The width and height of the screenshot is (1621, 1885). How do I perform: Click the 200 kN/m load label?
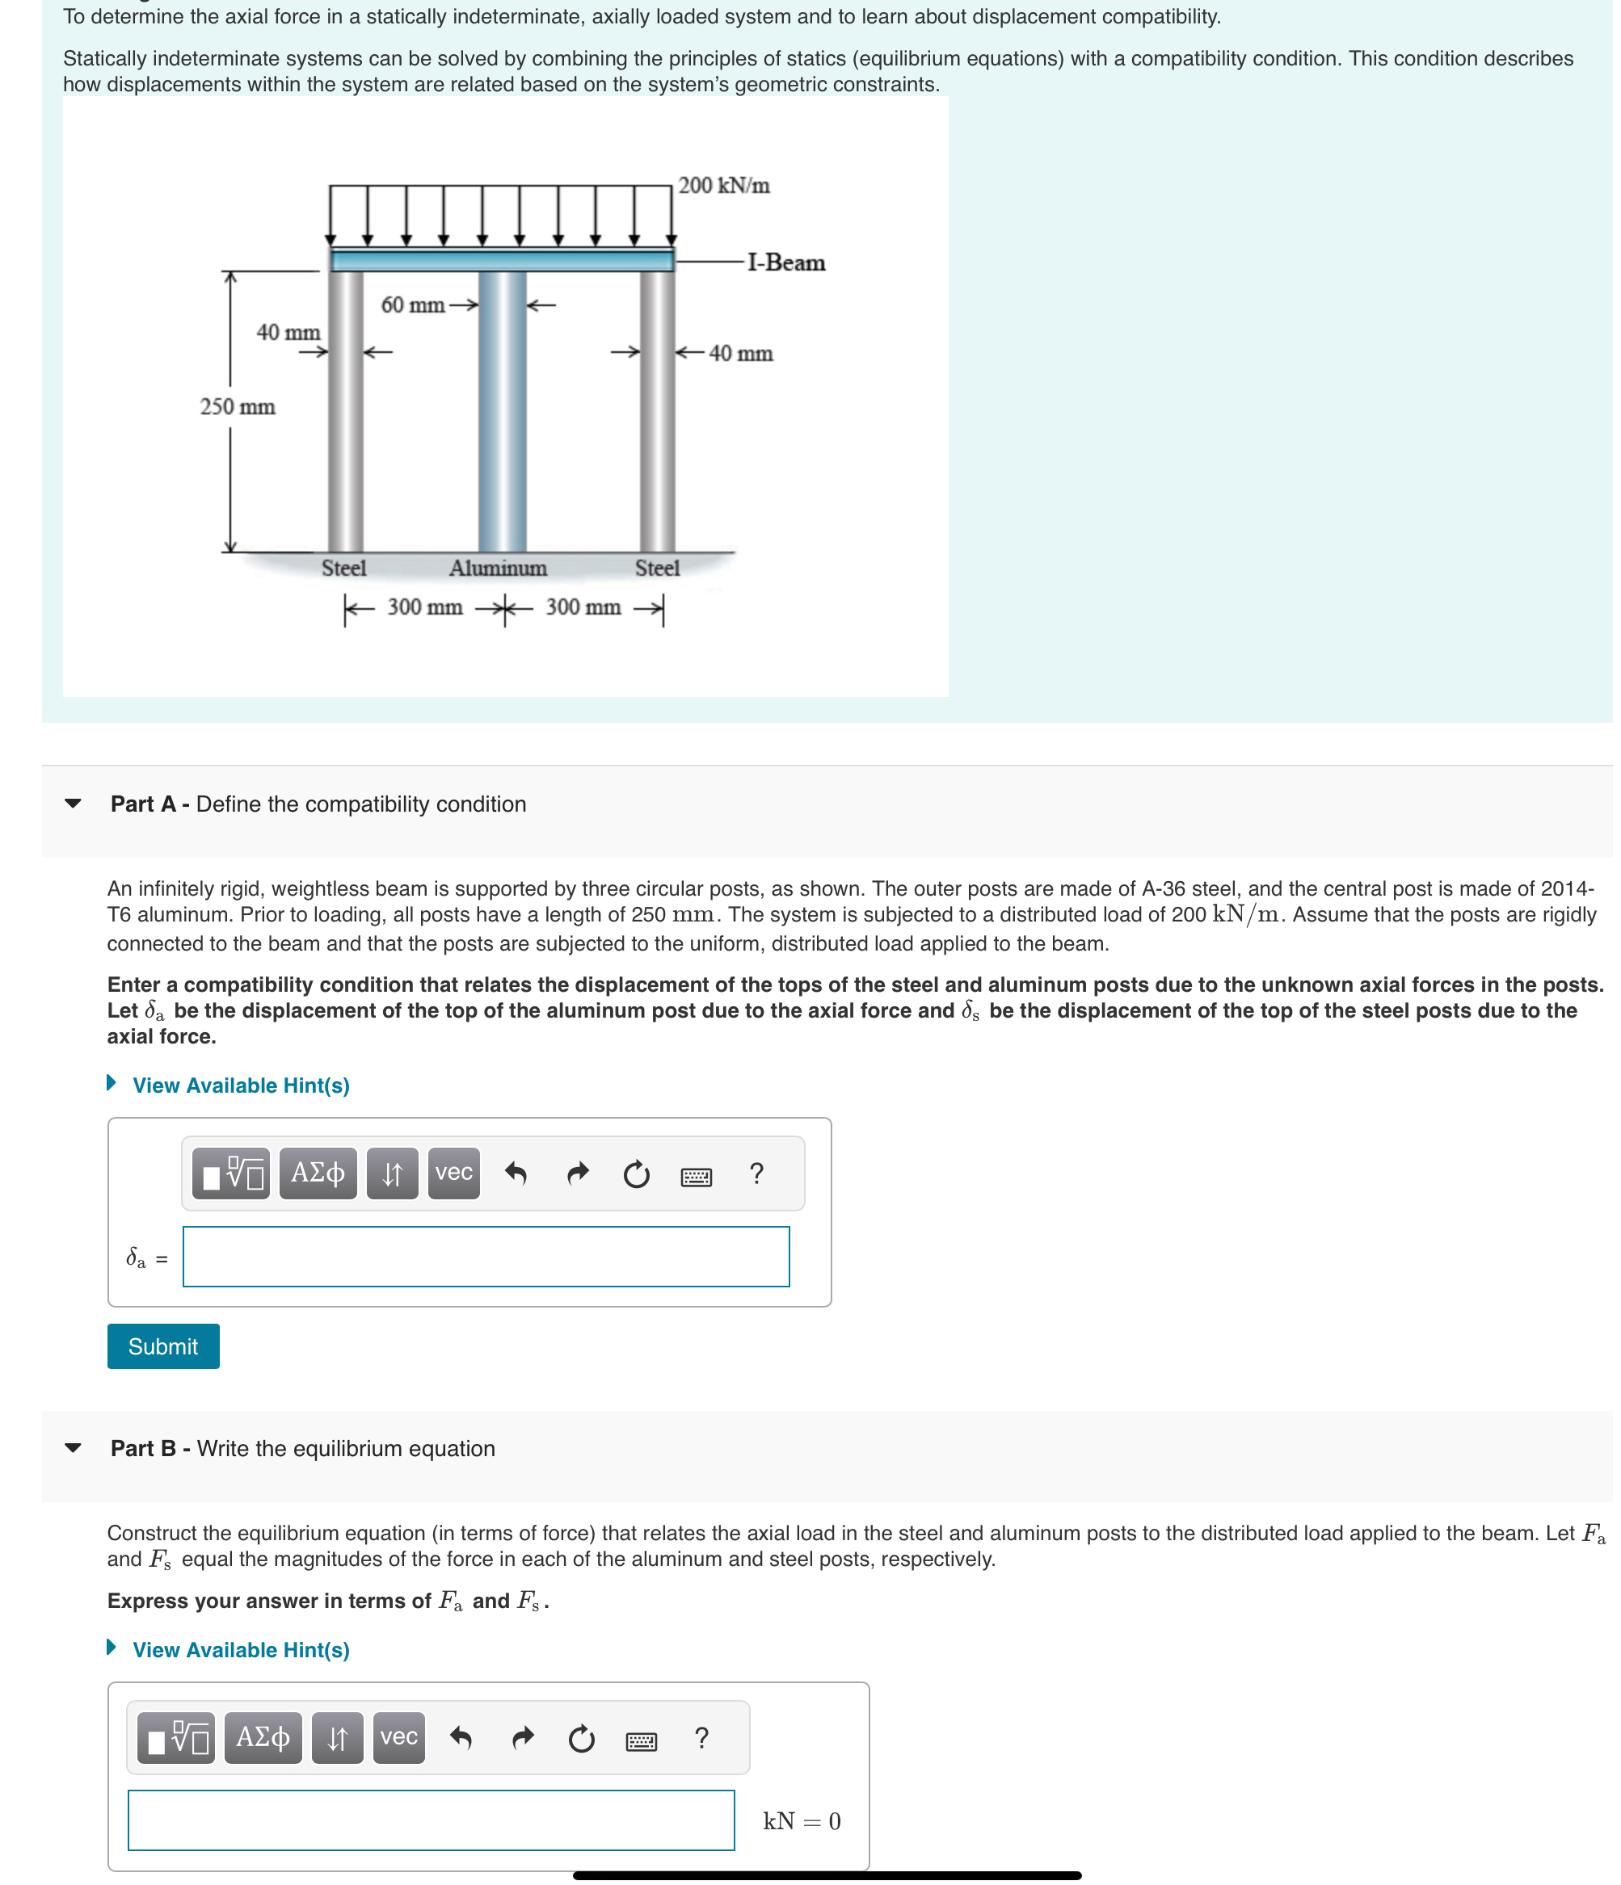coord(723,186)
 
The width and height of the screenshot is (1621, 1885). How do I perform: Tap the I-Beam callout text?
coord(785,263)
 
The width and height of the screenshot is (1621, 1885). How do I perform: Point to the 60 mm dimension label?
coord(412,304)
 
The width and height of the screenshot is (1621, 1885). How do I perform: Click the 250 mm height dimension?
coord(237,407)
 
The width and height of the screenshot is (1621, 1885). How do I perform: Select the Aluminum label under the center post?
coord(498,569)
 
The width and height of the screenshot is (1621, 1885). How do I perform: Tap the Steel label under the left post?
coord(343,569)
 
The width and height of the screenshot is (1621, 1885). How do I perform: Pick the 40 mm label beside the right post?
coord(740,353)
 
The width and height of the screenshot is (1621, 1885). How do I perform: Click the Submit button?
coord(163,1346)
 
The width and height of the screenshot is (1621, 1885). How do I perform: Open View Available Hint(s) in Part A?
coord(240,1085)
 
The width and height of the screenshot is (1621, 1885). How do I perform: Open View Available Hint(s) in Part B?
coord(240,1650)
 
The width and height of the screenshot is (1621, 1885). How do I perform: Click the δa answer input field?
coord(486,1257)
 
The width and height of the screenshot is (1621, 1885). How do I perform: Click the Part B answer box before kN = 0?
coord(431,1820)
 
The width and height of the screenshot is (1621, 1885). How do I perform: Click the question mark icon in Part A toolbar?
coord(756,1173)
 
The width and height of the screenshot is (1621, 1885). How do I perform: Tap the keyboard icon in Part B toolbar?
coord(641,1741)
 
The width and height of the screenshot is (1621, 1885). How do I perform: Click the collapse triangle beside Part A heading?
coord(73,804)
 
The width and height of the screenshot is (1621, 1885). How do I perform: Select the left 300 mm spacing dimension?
coord(424,607)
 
